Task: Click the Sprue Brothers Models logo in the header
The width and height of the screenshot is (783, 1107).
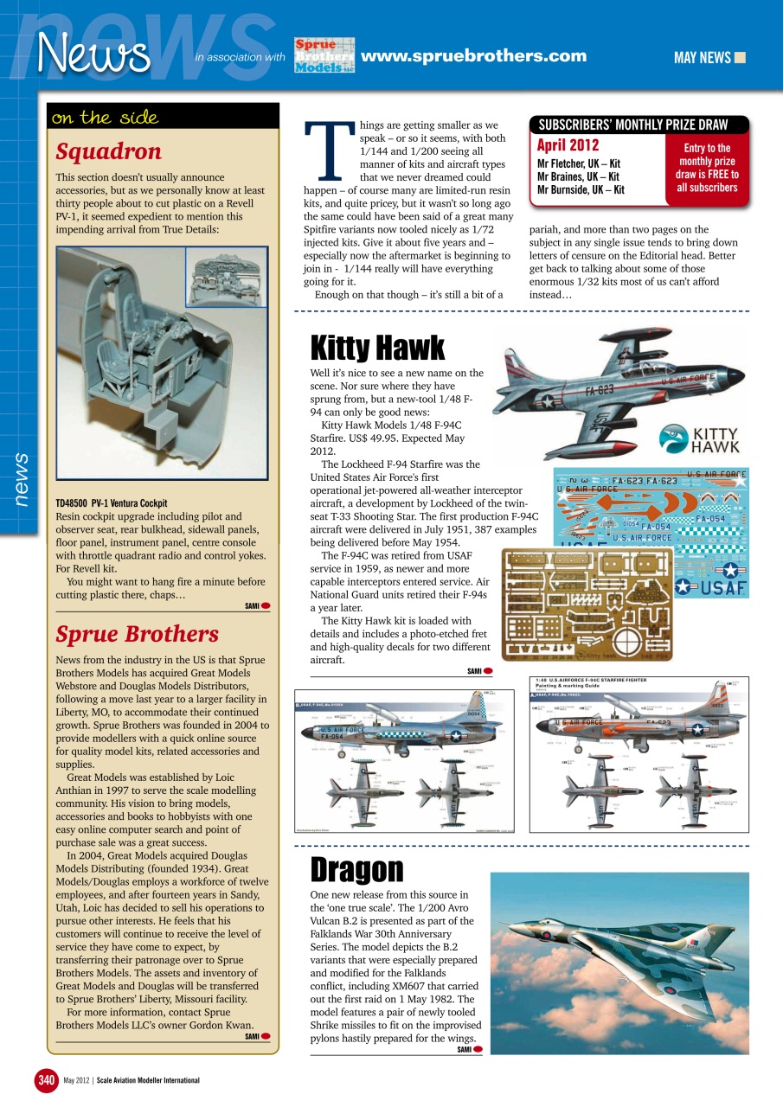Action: [324, 56]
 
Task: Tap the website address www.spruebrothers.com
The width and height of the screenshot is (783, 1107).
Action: [473, 56]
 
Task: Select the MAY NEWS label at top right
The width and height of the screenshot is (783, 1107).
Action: [703, 58]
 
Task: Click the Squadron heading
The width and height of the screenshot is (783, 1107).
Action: [108, 152]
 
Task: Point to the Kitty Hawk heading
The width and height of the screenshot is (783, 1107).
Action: [377, 348]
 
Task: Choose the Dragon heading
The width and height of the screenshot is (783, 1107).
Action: [356, 869]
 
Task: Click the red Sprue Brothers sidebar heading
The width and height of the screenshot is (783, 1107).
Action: [137, 634]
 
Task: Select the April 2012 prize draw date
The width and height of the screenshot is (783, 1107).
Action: [568, 146]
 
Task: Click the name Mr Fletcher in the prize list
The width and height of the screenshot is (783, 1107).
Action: [563, 163]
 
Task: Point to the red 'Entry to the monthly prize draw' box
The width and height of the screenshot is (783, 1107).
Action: [707, 168]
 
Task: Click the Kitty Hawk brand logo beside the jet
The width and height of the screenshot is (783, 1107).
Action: [699, 440]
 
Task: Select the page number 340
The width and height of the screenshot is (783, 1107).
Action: [46, 1080]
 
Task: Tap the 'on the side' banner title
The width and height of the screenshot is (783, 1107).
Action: [105, 118]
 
